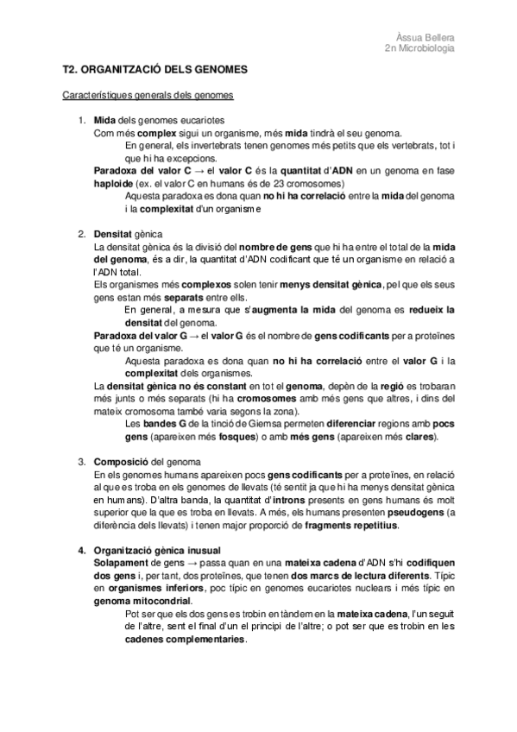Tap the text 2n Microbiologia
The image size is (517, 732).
click(419, 48)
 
